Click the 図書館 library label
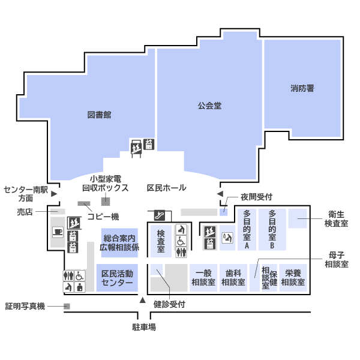(99, 115)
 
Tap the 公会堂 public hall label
(209, 106)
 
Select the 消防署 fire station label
(302, 88)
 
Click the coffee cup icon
(58, 232)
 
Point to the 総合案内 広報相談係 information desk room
(119, 242)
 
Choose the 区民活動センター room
(117, 278)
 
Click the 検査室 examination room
(161, 241)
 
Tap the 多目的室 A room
(247, 229)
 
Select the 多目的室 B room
(272, 229)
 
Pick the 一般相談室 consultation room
(203, 278)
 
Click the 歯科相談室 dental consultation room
(233, 278)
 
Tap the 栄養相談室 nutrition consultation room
(293, 278)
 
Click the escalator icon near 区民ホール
(160, 215)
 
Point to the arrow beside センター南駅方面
(54, 194)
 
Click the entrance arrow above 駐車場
(143, 300)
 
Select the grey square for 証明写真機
(67, 306)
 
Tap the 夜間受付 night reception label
(256, 197)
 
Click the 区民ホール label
(166, 188)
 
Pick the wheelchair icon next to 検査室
(181, 241)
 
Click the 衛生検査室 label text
(336, 219)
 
